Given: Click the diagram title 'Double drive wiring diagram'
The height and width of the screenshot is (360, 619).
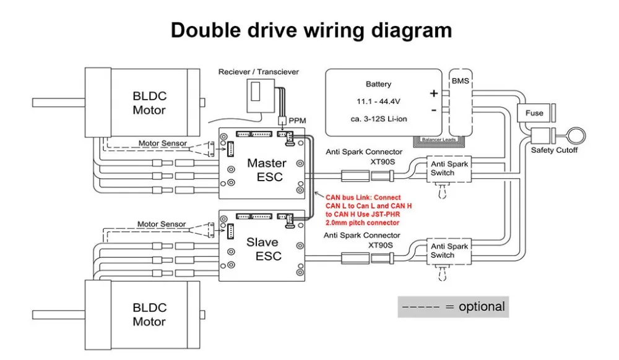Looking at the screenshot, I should [x=311, y=30].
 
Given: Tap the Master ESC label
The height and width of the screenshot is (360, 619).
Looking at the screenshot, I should [x=266, y=170].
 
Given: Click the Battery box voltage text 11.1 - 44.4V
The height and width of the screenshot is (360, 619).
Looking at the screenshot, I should [x=379, y=100].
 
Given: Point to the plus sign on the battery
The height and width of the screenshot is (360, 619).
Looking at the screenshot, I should [x=433, y=93].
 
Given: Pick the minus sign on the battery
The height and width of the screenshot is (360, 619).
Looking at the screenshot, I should [x=433, y=110].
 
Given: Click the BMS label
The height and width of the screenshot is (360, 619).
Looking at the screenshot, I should [x=460, y=81].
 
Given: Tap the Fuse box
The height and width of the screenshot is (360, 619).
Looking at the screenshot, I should [x=534, y=113].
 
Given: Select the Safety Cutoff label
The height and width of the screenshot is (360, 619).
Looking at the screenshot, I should [x=554, y=150].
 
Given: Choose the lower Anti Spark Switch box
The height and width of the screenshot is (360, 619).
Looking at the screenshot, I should [x=450, y=251].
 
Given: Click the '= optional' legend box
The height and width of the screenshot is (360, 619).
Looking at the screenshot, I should [x=453, y=307].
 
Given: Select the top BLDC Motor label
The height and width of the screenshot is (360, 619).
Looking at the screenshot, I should [x=149, y=103].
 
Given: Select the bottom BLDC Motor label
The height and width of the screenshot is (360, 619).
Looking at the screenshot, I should [x=149, y=315].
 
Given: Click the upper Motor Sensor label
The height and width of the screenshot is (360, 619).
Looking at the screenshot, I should [x=162, y=144].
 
